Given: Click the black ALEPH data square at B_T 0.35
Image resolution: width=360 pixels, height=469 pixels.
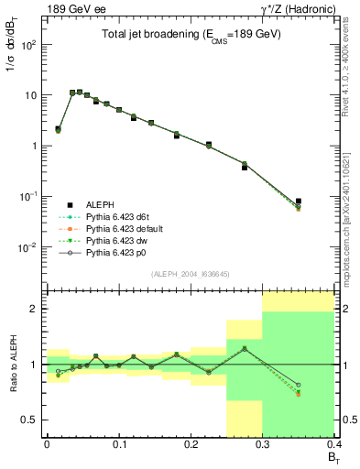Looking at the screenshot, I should [299, 202].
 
